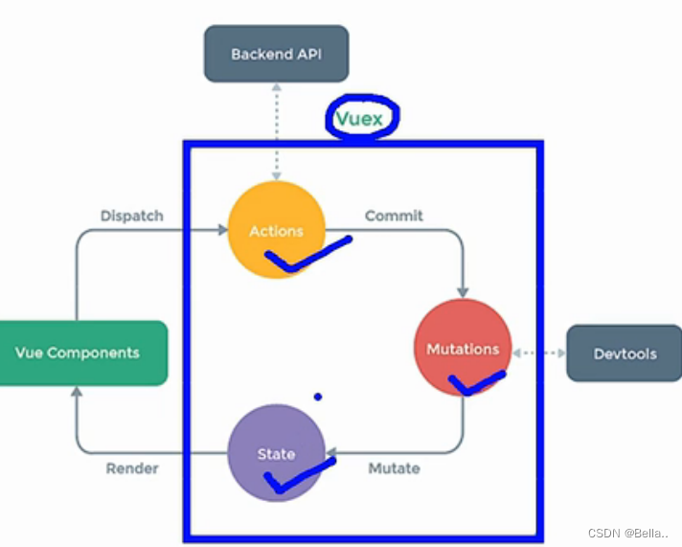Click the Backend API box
pos(276,54)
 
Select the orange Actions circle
pos(276,230)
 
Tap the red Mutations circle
pos(463,348)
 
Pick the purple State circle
pos(276,453)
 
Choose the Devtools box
pos(625,353)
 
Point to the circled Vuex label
pos(360,119)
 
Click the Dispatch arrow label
pos(131,216)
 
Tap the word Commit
pos(394,216)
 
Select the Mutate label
pos(394,467)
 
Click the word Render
pos(131,467)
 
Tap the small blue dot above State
pos(317,397)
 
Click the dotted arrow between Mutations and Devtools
pos(539,353)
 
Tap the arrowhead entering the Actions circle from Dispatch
pos(221,230)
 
